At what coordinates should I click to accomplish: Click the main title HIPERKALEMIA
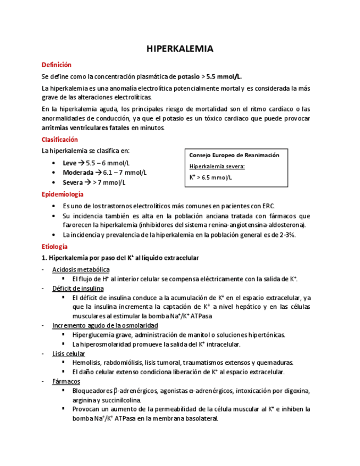pyautogui.click(x=180, y=49)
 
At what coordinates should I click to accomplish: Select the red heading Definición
pyautogui.click(x=57, y=65)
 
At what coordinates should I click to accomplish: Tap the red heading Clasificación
pyautogui.click(x=60, y=140)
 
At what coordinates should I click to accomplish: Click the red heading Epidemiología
pyautogui.click(x=63, y=194)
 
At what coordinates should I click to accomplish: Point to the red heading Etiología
pyautogui.click(x=54, y=247)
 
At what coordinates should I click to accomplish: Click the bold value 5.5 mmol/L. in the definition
pyautogui.click(x=224, y=76)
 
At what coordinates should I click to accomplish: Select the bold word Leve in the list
pyautogui.click(x=70, y=163)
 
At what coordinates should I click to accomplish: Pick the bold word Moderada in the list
pyautogui.click(x=78, y=173)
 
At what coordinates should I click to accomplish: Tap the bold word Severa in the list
pyautogui.click(x=73, y=182)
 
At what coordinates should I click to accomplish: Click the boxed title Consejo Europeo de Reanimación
pyautogui.click(x=235, y=155)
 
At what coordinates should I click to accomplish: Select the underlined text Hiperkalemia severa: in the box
pyautogui.click(x=217, y=166)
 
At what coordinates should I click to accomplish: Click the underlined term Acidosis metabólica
pyautogui.click(x=81, y=269)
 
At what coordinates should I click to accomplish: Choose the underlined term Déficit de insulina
pyautogui.click(x=78, y=288)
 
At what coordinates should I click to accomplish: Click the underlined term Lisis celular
pyautogui.click(x=69, y=353)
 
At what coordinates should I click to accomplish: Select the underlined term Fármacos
pyautogui.click(x=67, y=381)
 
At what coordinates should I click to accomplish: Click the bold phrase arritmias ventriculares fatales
pyautogui.click(x=85, y=128)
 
